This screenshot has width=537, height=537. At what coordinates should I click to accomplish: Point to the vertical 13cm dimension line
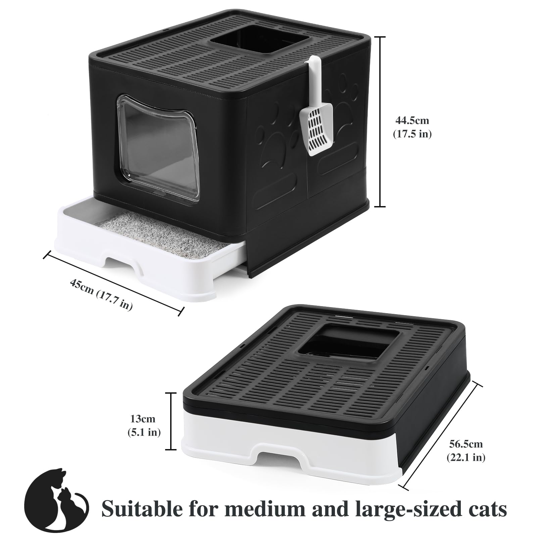click(x=172, y=421)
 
